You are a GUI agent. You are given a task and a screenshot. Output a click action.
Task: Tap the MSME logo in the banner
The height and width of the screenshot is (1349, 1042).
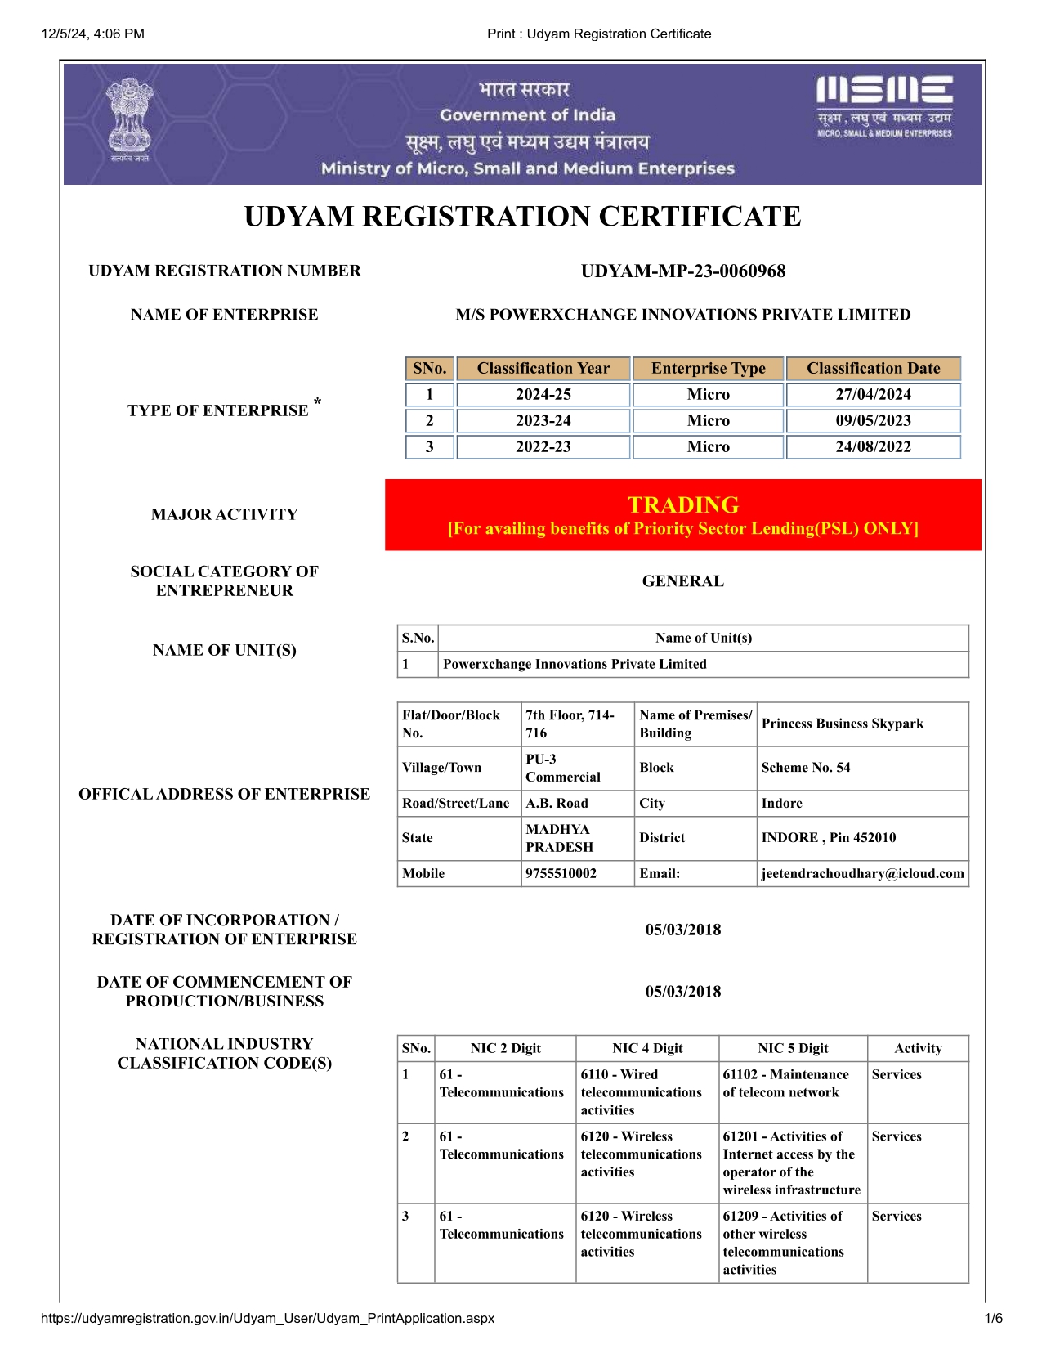click(x=884, y=106)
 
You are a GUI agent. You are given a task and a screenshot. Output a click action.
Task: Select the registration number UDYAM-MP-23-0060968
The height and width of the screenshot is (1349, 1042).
click(x=682, y=271)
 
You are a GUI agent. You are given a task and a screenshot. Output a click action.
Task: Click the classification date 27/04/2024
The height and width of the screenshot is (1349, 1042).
click(x=873, y=394)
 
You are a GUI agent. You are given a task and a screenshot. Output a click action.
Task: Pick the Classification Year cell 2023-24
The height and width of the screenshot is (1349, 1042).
click(x=543, y=420)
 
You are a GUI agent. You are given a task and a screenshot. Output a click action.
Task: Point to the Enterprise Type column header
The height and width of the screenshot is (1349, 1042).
click(x=708, y=368)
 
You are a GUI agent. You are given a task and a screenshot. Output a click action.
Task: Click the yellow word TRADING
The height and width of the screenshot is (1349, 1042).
click(x=682, y=504)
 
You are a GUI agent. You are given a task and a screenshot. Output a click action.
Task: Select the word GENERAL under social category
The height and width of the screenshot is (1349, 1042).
click(x=682, y=581)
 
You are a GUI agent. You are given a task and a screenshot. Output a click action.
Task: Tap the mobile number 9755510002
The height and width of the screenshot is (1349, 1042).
click(x=561, y=873)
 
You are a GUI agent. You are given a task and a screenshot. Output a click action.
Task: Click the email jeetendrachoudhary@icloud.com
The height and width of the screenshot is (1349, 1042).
click(x=862, y=873)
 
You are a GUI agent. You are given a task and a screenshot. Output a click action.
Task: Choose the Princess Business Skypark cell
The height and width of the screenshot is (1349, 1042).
click(x=842, y=724)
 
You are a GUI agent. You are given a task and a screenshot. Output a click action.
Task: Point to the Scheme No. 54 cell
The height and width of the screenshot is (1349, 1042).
click(x=805, y=768)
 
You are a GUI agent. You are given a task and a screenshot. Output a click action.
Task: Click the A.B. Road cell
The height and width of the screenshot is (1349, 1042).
click(x=557, y=803)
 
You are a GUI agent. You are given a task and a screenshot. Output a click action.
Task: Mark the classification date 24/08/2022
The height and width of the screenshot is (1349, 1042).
click(x=873, y=446)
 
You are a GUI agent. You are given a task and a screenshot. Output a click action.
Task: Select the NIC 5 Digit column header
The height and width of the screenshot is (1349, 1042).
click(x=793, y=1048)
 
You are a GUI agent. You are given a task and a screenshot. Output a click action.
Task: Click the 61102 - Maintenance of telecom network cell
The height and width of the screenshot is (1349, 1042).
click(x=785, y=1083)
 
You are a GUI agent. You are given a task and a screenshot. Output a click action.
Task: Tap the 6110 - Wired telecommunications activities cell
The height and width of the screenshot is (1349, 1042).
click(x=641, y=1092)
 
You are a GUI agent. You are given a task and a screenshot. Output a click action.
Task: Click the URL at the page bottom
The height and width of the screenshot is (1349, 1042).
click(x=267, y=1318)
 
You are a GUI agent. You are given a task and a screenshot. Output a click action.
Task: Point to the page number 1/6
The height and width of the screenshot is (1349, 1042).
click(x=993, y=1318)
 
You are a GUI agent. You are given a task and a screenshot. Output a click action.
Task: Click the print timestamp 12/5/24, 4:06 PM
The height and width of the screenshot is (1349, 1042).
click(x=93, y=34)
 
